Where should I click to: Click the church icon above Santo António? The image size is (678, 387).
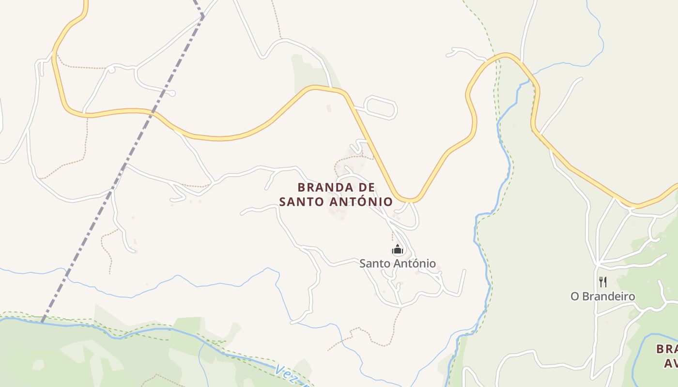coord(398,250)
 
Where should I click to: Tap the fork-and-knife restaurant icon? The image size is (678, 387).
coord(603,282)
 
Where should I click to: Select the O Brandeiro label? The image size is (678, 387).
coord(602,296)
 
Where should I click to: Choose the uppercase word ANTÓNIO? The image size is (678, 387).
coord(361,201)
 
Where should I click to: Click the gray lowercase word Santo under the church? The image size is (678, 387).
coord(375,264)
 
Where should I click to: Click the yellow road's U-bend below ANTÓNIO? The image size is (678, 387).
coord(410,199)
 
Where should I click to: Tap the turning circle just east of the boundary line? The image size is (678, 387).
coord(172,93)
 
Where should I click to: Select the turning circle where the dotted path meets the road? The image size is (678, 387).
coord(111,70)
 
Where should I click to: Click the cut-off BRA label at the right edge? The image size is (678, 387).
coord(667,349)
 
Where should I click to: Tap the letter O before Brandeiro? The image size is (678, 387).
coord(575,296)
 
